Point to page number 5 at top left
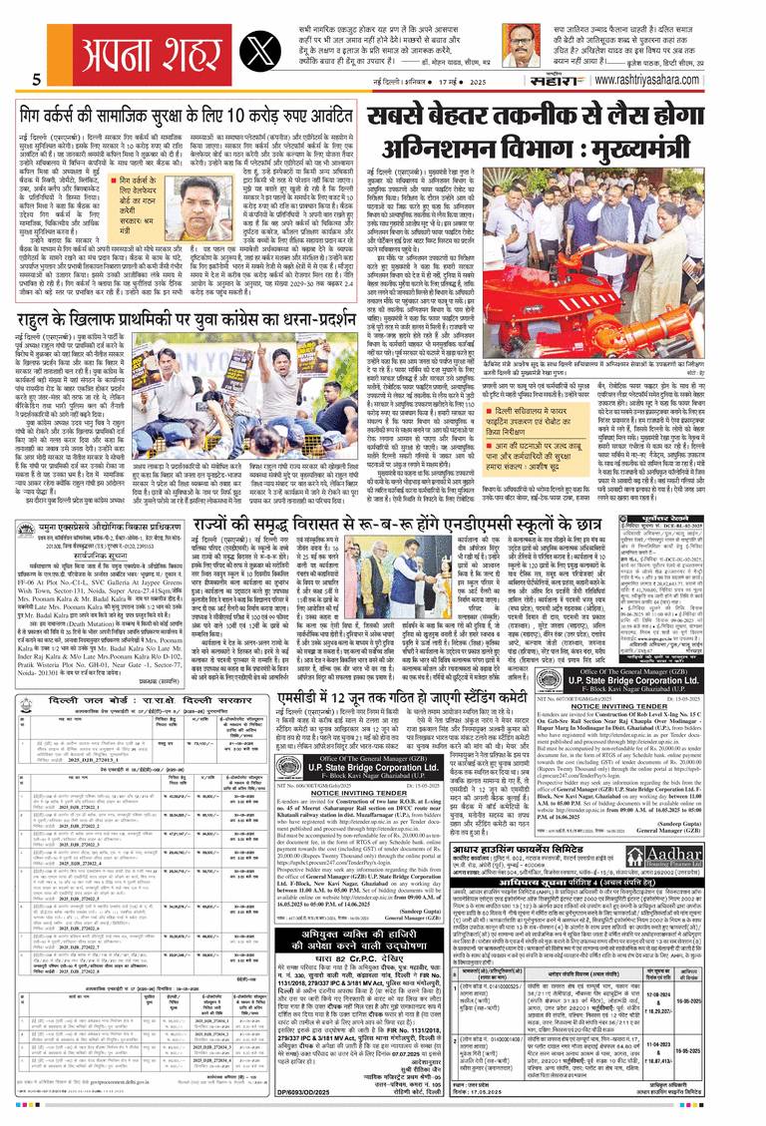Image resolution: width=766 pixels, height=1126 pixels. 36,80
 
